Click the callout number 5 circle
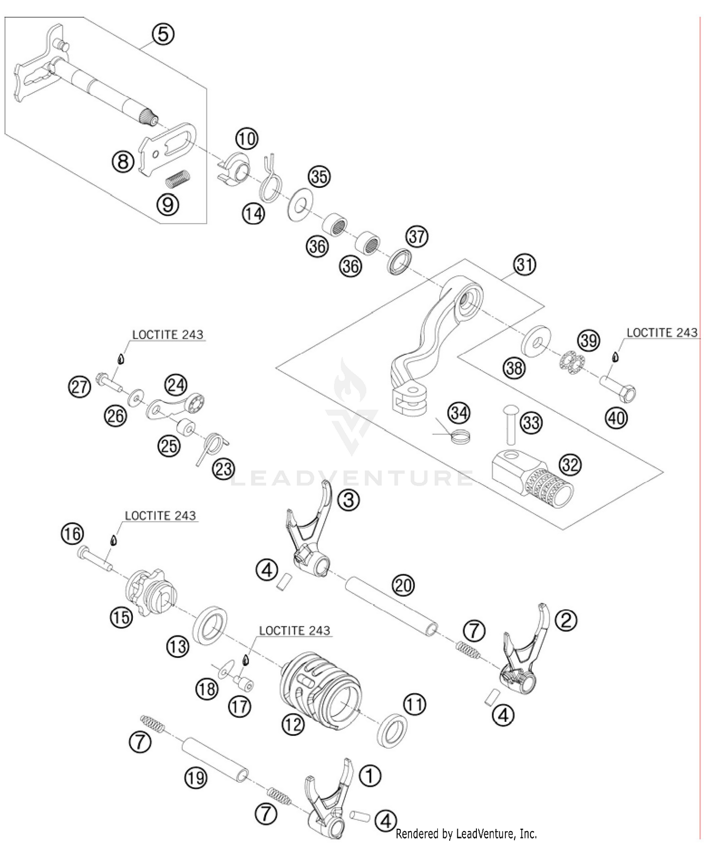click(162, 34)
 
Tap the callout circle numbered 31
click(524, 265)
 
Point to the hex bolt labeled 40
click(617, 388)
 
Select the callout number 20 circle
click(403, 585)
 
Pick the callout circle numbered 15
click(121, 617)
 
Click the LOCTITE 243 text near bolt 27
click(168, 335)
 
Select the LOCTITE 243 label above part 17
click(294, 630)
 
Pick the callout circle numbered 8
click(122, 162)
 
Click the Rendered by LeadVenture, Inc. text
click(466, 834)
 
